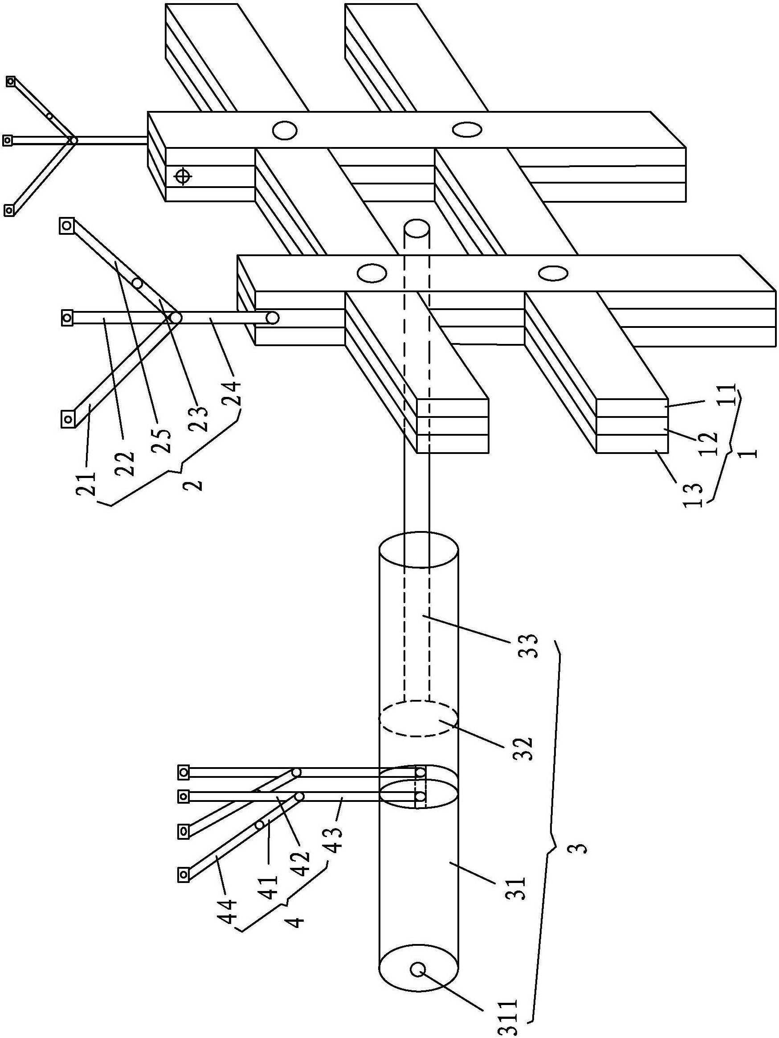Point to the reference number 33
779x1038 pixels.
(x=528, y=646)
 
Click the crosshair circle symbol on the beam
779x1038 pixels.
(x=183, y=177)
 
